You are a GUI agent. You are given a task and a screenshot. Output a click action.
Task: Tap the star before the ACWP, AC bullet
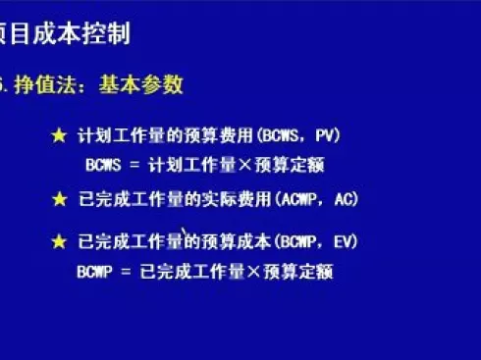click(60, 200)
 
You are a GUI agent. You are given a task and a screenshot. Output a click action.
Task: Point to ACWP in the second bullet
click(306, 200)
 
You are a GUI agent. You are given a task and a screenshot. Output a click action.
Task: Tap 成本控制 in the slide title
click(84, 36)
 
